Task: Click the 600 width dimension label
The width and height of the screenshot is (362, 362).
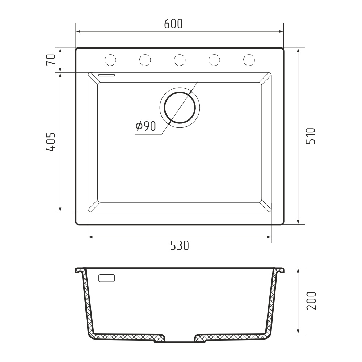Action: click(173, 24)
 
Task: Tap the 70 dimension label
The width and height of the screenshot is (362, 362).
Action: click(51, 60)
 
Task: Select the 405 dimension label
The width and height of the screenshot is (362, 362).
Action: click(51, 142)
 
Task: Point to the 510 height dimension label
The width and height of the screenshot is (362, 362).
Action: click(311, 136)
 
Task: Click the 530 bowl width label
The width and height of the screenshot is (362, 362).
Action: click(180, 246)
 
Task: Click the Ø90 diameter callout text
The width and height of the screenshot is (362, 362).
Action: click(146, 126)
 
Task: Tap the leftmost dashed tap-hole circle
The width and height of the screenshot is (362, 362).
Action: click(110, 60)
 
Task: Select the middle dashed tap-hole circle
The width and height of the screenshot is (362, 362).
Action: click(180, 60)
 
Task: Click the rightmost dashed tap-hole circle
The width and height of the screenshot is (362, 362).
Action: click(249, 60)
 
